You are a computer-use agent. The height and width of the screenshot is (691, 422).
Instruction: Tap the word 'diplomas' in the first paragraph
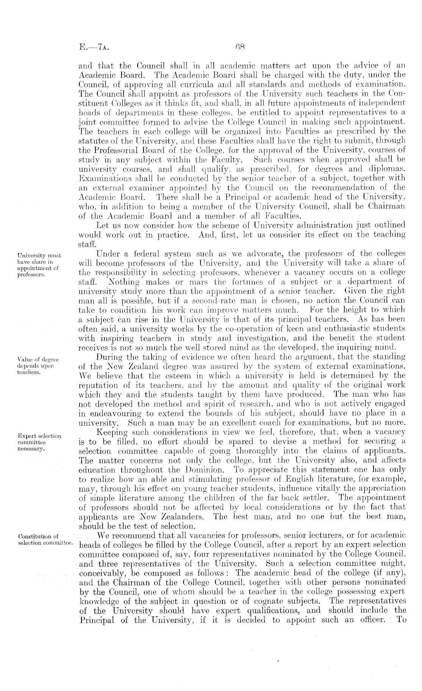pyautogui.click(x=389, y=169)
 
